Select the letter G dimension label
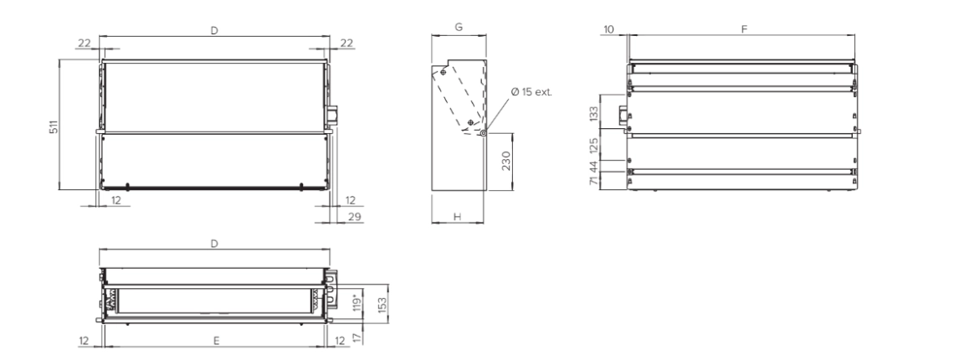tap(459, 27)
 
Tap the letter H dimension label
tap(458, 217)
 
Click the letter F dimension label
tap(744, 29)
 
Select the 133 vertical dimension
tap(592, 113)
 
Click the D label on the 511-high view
tap(214, 29)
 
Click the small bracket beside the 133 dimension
tap(623, 114)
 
